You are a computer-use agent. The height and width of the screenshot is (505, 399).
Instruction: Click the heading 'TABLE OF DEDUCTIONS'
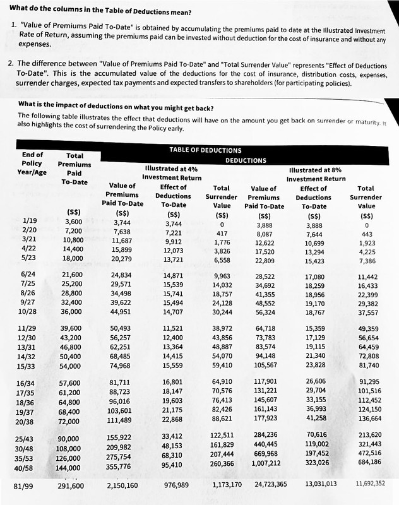click(x=205, y=150)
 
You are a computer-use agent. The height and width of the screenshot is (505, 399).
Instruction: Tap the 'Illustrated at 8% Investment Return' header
click(x=317, y=174)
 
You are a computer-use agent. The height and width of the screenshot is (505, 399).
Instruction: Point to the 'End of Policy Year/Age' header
click(x=32, y=164)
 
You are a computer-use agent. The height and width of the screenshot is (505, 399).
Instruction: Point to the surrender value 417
click(x=221, y=233)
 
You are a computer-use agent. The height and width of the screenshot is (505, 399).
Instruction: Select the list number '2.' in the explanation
click(x=11, y=64)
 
